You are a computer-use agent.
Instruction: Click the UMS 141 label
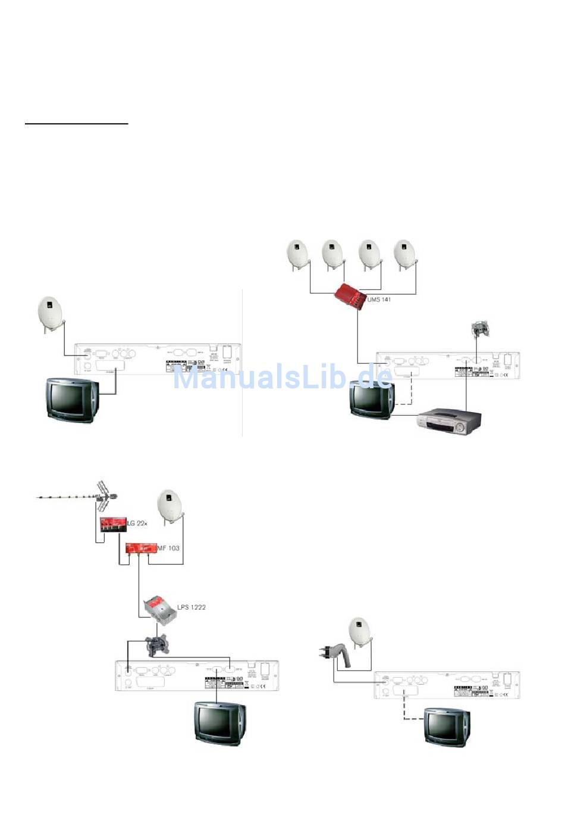coord(379,300)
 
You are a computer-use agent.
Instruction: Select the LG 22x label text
coord(137,523)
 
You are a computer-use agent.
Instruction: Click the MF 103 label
coord(168,548)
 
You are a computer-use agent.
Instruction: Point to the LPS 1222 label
coord(191,607)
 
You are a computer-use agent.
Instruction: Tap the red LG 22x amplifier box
coord(112,524)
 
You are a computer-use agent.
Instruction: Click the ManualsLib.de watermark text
coord(282,378)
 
